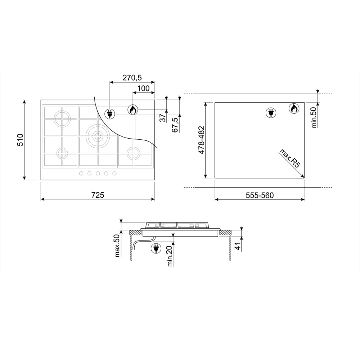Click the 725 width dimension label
(x=98, y=195)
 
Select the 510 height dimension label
(x=20, y=140)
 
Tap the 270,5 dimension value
(x=132, y=78)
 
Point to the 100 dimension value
(x=144, y=89)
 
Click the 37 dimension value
(x=163, y=118)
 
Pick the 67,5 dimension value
(x=175, y=125)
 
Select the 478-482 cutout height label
(x=201, y=140)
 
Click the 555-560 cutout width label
(x=260, y=195)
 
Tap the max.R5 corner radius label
(x=290, y=158)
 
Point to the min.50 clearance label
(x=314, y=117)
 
